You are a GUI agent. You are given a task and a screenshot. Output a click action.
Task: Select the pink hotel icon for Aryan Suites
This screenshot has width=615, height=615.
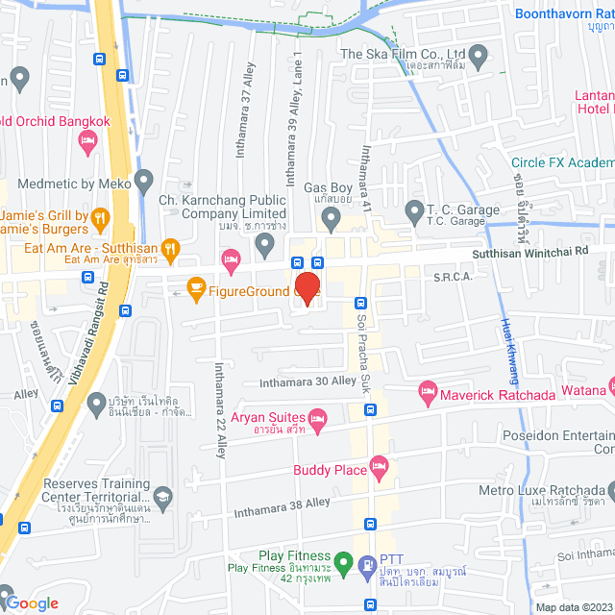[x=319, y=417]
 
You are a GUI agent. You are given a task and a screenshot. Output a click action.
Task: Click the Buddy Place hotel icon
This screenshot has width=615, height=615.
[x=380, y=470]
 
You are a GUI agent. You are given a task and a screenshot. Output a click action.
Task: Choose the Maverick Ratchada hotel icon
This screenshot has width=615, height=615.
[x=428, y=393]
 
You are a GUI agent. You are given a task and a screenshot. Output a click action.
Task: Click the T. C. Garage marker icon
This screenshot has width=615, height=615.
[x=414, y=210]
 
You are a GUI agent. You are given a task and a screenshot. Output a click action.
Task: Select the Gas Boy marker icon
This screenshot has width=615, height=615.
[x=331, y=222]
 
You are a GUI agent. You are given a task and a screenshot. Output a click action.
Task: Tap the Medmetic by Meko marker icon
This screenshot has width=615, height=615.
[x=144, y=180]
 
